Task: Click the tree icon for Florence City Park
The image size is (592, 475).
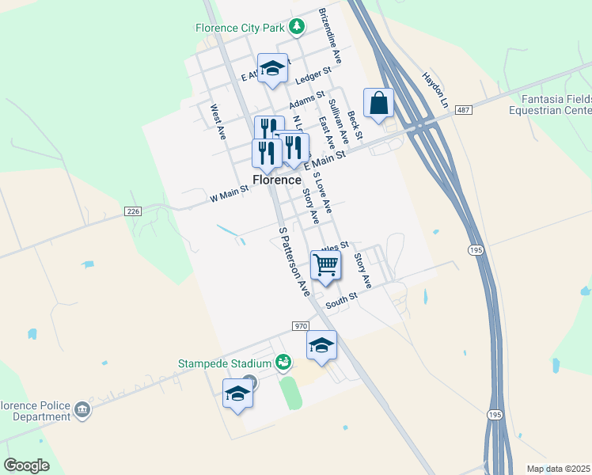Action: click(x=297, y=28)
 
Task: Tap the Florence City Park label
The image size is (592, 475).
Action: click(x=239, y=28)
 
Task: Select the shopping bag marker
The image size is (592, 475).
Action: click(x=379, y=103)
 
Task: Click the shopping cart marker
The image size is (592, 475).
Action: click(x=325, y=265)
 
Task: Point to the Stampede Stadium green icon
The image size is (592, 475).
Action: click(x=283, y=363)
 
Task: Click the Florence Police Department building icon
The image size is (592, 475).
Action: click(x=82, y=410)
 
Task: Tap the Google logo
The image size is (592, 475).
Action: click(x=26, y=465)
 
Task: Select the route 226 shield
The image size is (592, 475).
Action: click(x=133, y=211)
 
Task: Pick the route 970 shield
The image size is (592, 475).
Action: click(x=300, y=326)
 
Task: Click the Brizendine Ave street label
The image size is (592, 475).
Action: click(x=330, y=36)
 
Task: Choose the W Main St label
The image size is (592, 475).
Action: click(x=229, y=194)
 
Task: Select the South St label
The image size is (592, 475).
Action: click(x=342, y=301)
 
